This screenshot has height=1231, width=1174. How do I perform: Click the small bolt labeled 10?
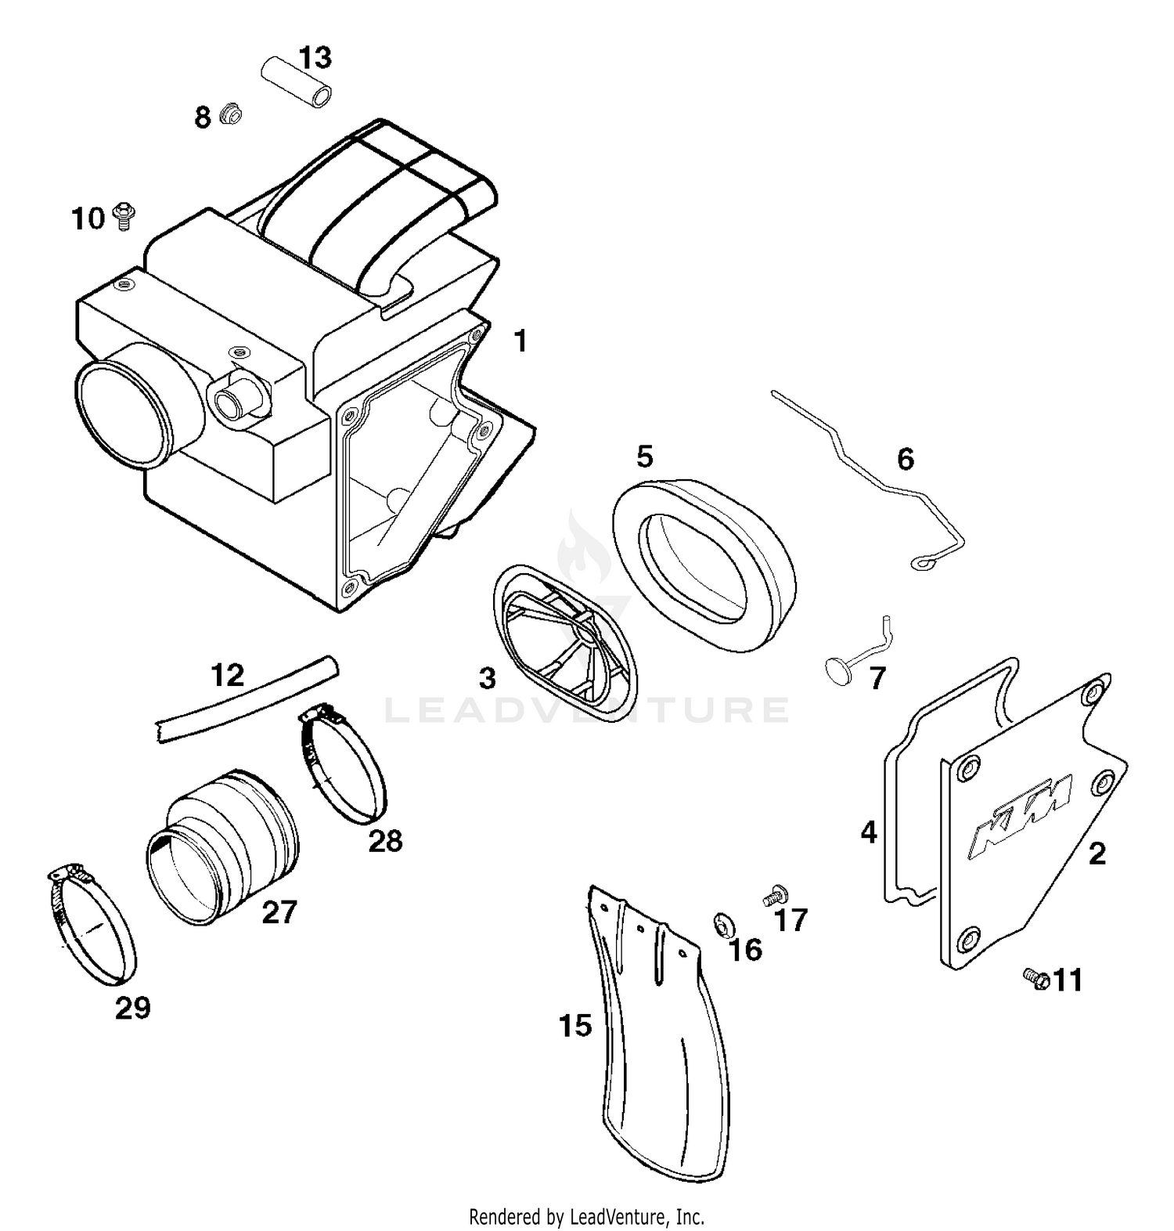pyautogui.click(x=122, y=216)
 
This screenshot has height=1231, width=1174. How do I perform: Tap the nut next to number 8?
pyautogui.click(x=229, y=116)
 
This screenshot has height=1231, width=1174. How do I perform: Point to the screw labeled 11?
pyautogui.click(x=1035, y=977)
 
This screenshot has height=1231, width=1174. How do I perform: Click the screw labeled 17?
pyautogui.click(x=775, y=896)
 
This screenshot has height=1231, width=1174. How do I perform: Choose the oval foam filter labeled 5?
pyautogui.click(x=704, y=559)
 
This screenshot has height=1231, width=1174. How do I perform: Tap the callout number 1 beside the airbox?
pyautogui.click(x=520, y=341)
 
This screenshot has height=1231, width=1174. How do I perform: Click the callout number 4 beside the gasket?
pyautogui.click(x=868, y=832)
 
